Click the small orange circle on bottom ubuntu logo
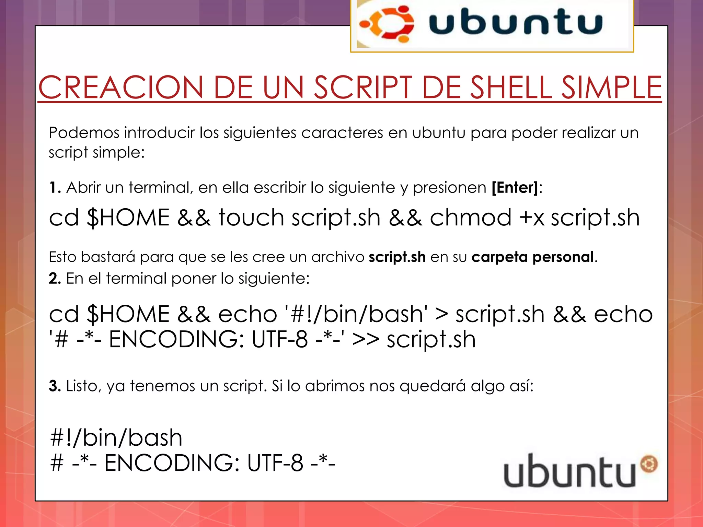pos(649,464)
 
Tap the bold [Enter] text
pos(515,188)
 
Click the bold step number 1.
pos(55,188)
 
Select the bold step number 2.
pos(55,278)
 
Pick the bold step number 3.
pos(55,386)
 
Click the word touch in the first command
pos(251,218)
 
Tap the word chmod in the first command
pos(471,218)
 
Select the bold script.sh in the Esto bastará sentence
pos(397,257)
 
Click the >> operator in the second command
pos(366,340)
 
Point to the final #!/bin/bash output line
pos(116,438)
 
